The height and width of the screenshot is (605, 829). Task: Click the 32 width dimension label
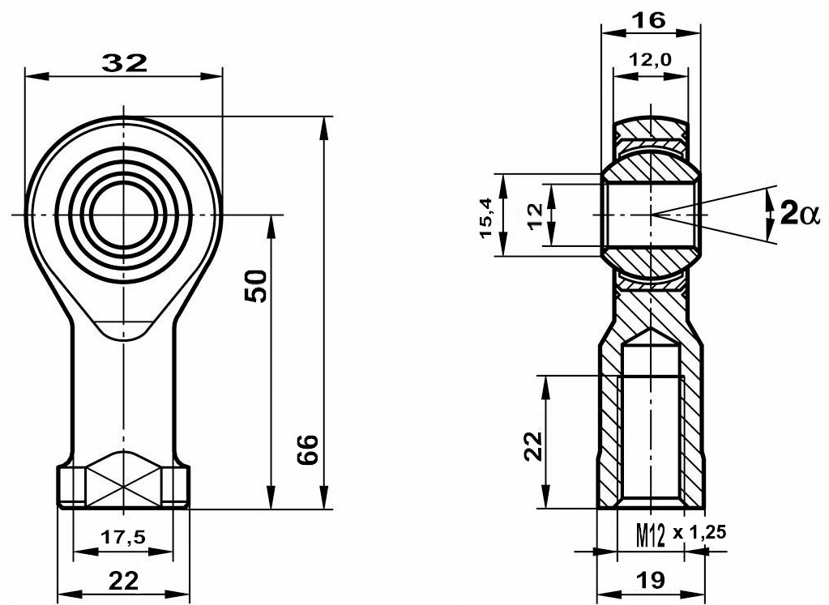coord(124,63)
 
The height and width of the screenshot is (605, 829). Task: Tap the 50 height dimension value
coord(256,286)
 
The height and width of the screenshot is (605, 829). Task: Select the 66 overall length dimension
coord(307,449)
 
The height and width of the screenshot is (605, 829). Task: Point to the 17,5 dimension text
coord(122,537)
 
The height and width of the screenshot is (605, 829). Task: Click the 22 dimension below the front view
coord(123,581)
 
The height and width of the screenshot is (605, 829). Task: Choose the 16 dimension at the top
coord(649,20)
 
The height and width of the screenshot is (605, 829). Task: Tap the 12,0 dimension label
coord(650,59)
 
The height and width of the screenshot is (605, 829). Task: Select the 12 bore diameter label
coord(535,215)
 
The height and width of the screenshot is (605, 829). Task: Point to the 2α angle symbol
coord(799,215)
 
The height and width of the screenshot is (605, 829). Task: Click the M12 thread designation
coord(650,536)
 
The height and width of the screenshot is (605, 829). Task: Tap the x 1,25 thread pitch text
coord(699,533)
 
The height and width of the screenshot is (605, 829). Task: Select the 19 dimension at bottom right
coord(650,580)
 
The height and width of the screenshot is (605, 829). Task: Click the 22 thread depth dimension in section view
coord(534,446)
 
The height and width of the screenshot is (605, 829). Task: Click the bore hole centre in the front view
coord(123,215)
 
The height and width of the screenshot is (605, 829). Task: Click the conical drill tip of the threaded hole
coord(651,337)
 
